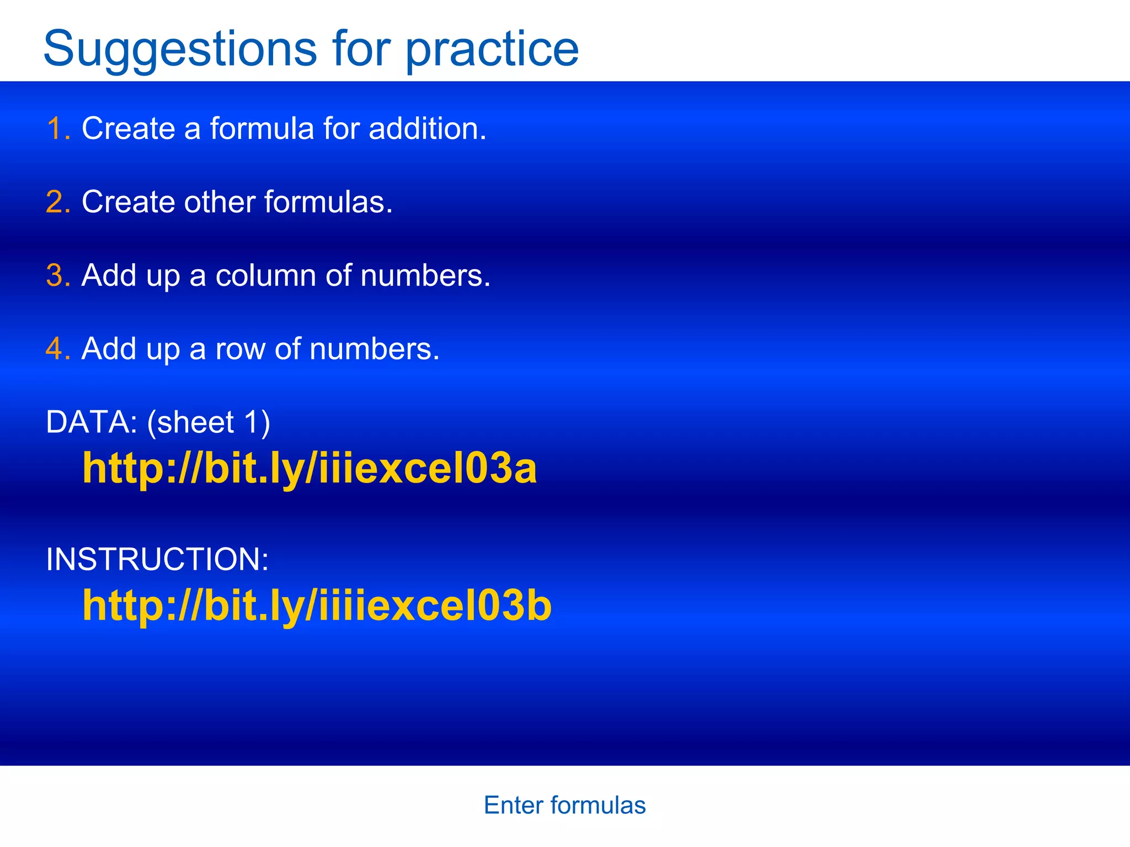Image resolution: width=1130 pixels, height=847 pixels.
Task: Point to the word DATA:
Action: click(92, 422)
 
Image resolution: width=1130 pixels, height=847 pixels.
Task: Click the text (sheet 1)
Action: click(209, 422)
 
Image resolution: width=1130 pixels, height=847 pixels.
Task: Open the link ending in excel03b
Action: click(317, 605)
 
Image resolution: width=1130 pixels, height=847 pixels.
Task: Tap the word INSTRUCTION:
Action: click(157, 559)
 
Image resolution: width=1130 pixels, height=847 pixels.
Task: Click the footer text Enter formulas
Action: click(564, 805)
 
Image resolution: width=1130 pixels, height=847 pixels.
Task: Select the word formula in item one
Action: click(262, 128)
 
